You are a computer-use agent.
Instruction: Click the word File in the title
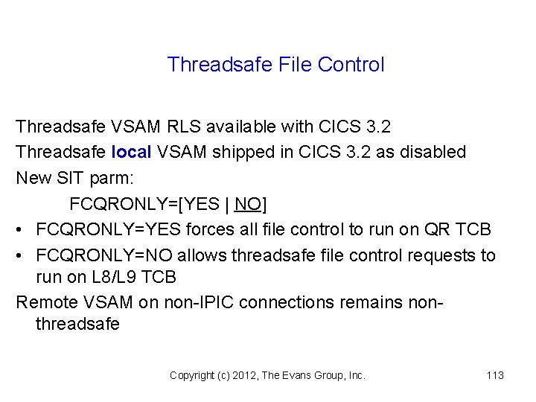tap(296, 65)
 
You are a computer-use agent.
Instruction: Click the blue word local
tap(131, 152)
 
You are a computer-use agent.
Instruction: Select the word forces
tap(211, 230)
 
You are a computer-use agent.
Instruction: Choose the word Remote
tap(44, 303)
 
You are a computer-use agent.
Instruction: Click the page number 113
tap(495, 375)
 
